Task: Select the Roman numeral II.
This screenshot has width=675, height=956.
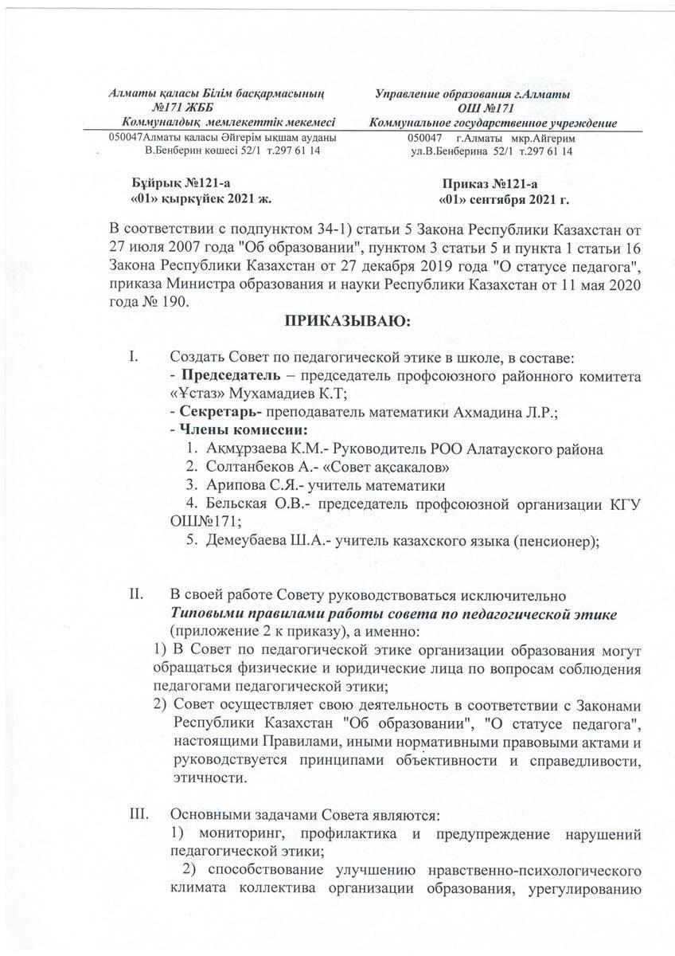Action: [x=135, y=595]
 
